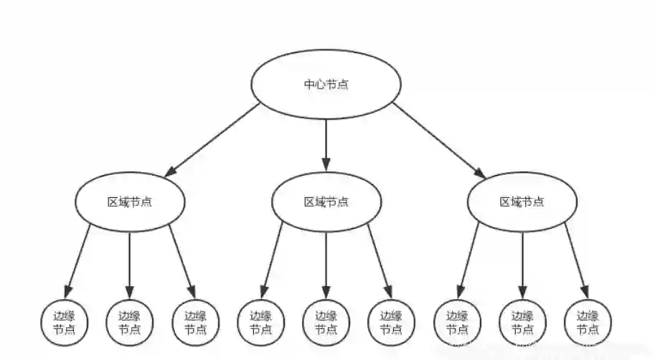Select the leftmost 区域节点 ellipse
click(x=130, y=202)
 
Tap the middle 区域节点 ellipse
click(x=326, y=202)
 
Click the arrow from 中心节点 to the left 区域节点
click(x=213, y=140)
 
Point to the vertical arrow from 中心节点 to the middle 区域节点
click(x=326, y=143)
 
